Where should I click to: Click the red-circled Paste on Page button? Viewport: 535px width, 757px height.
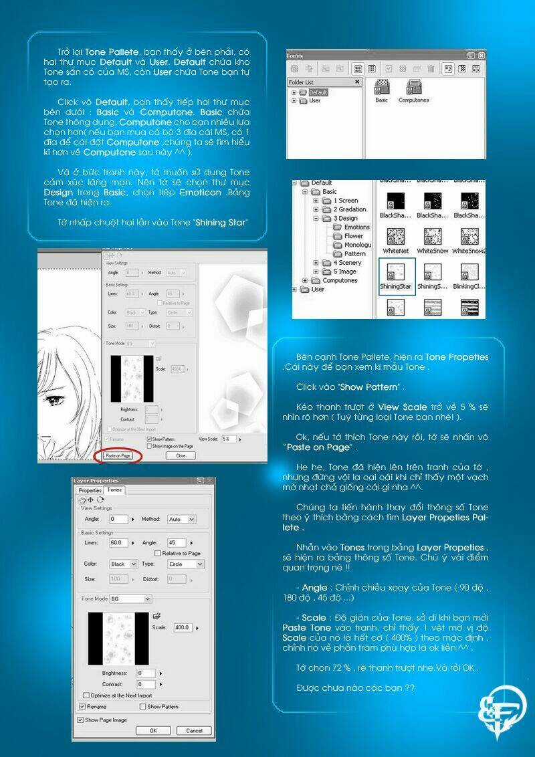118,455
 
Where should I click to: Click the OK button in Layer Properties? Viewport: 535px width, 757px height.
153,730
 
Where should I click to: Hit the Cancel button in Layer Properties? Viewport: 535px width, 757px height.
194,730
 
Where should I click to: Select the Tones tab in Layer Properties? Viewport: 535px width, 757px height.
115,490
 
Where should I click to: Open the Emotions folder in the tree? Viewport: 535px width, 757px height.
356,227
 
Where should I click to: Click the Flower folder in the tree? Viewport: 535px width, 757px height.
353,236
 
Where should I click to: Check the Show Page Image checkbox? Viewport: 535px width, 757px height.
81,720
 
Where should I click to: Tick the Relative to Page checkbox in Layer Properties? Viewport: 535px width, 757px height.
157,553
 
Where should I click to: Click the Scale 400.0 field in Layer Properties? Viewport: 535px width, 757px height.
182,627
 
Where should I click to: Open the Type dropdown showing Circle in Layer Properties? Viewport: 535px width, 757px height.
185,564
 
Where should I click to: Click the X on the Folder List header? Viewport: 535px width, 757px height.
357,82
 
